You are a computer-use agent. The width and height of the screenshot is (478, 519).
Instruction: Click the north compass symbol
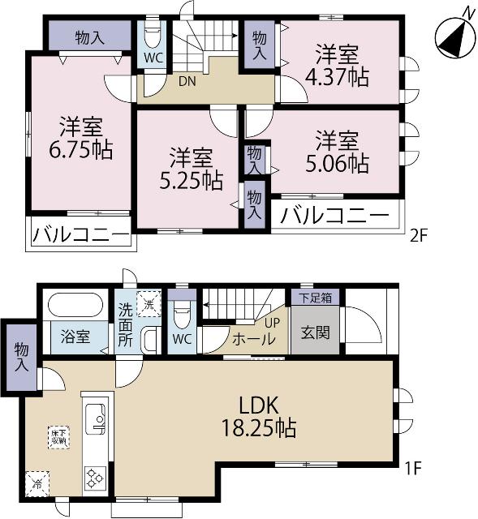[453, 33]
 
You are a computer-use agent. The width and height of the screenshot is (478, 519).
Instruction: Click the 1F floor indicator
[414, 469]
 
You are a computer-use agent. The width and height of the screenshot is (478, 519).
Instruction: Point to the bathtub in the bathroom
[75, 308]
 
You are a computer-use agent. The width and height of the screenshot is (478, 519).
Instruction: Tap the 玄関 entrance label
[316, 333]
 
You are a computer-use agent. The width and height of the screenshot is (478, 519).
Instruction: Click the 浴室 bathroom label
[76, 337]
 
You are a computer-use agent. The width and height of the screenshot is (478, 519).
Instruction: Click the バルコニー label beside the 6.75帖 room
[80, 236]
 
